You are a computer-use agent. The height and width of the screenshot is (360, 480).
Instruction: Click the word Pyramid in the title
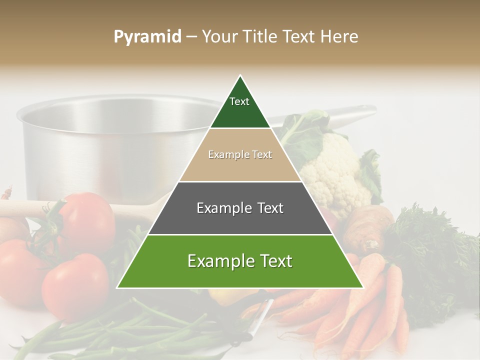click(x=147, y=37)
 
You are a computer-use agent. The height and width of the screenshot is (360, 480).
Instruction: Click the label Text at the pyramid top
click(x=239, y=101)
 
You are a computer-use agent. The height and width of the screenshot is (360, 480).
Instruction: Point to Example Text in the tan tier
click(x=240, y=155)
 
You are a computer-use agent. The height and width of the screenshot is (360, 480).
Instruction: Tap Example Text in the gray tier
click(x=240, y=208)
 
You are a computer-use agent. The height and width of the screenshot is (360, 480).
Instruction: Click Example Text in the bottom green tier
click(x=240, y=261)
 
